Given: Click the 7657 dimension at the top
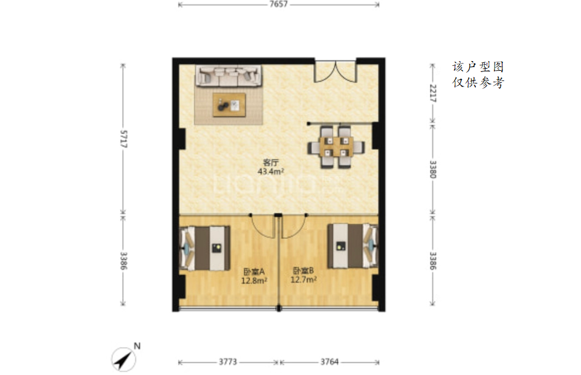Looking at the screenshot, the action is [x=278, y=4].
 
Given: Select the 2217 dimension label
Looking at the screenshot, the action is [x=433, y=93].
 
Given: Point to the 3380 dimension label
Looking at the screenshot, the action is [x=433, y=169].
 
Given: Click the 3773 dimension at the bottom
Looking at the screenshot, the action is [x=227, y=362].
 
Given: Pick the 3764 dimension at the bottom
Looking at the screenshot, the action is [x=329, y=362].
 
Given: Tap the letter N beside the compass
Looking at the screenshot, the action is [x=137, y=346].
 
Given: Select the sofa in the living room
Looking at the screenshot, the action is [x=229, y=76].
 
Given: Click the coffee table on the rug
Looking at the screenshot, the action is [x=229, y=105].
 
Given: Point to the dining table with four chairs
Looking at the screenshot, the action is [x=336, y=147].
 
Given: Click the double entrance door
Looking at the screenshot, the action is [x=336, y=71].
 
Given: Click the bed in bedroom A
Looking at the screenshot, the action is [x=205, y=247].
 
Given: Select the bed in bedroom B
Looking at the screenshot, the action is [x=353, y=246].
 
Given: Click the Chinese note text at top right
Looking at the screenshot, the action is [x=478, y=74].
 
